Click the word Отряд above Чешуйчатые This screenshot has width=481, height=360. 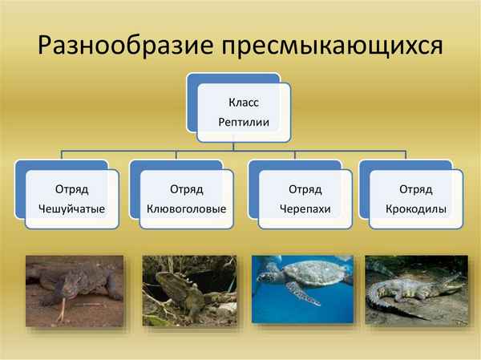(71, 189)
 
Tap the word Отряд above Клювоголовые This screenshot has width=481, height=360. (186, 189)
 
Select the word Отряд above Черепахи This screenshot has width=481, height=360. (305, 189)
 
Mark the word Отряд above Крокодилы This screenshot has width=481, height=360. (416, 189)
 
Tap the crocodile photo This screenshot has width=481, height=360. (415, 291)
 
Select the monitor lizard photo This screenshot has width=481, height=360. (74, 291)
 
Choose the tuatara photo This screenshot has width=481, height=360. (188, 291)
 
